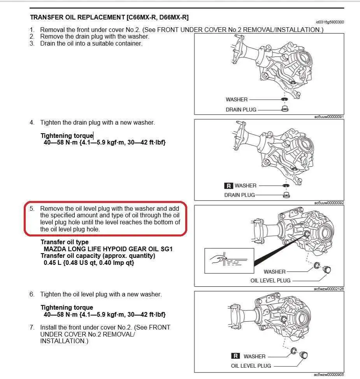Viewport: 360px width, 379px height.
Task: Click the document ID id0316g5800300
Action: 330,22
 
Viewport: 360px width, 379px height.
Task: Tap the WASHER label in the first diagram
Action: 236,99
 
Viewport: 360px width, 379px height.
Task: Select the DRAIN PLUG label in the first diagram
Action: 241,109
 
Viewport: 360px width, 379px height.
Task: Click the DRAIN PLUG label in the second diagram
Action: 239,195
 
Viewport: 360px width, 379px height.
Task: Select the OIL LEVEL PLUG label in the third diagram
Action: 270,280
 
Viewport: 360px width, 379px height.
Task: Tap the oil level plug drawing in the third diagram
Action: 327,269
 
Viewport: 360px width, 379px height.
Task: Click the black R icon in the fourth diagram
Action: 235,356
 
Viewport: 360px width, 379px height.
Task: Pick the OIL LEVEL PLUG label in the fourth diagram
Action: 251,366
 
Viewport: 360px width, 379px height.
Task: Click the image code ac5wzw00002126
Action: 328,289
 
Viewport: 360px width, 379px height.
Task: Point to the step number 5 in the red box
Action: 32,209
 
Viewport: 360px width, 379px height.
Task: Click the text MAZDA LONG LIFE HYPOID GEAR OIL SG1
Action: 108,249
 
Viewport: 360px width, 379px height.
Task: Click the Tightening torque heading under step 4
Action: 67,136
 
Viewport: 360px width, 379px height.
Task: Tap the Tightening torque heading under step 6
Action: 67,308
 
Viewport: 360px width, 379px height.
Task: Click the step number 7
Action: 32,328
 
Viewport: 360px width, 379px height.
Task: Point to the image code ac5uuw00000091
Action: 328,116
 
